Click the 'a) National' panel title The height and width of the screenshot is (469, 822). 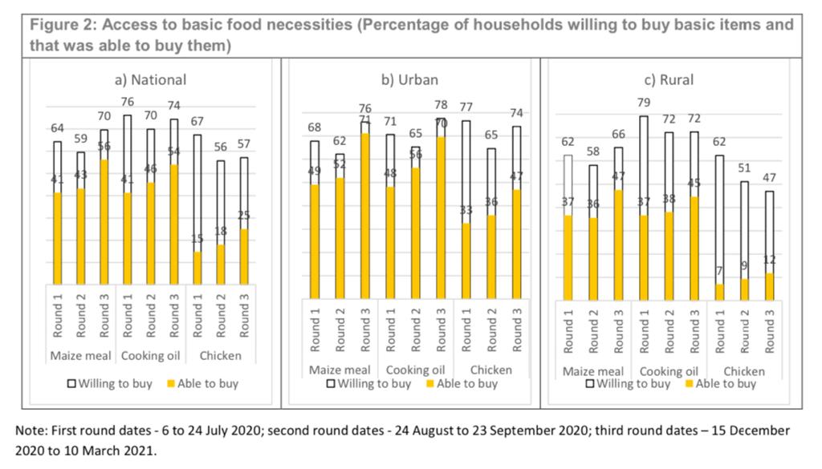coord(151,79)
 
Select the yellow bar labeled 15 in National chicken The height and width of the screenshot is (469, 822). coord(197,267)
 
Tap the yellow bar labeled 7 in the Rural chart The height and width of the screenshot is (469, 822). coord(719,292)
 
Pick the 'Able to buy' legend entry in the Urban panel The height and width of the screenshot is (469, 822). coord(461,383)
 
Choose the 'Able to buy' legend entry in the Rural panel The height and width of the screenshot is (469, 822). coord(720,383)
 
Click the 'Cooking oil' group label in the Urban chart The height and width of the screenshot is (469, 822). coord(415,370)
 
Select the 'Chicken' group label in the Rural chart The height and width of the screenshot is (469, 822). coord(744,371)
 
